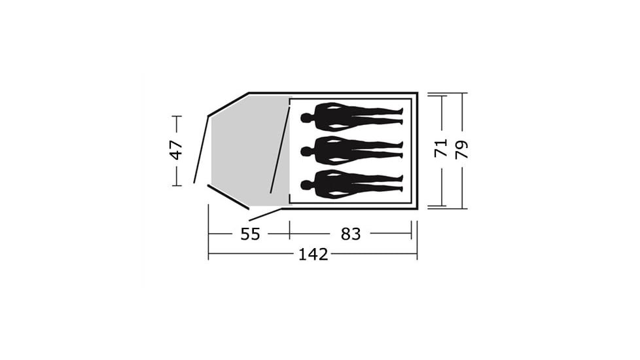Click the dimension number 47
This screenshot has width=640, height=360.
pyautogui.click(x=176, y=150)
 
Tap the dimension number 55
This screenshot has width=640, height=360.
pyautogui.click(x=250, y=234)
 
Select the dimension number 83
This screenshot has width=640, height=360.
pyautogui.click(x=351, y=234)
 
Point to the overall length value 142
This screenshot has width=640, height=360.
pyautogui.click(x=313, y=255)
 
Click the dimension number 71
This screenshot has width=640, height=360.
pyautogui.click(x=441, y=148)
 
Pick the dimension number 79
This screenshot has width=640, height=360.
pyautogui.click(x=461, y=149)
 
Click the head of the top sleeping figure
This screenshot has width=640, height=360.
pyautogui.click(x=306, y=118)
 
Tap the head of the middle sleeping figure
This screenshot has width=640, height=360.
pyautogui.click(x=306, y=152)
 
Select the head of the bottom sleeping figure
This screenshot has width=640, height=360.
pyautogui.click(x=306, y=185)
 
